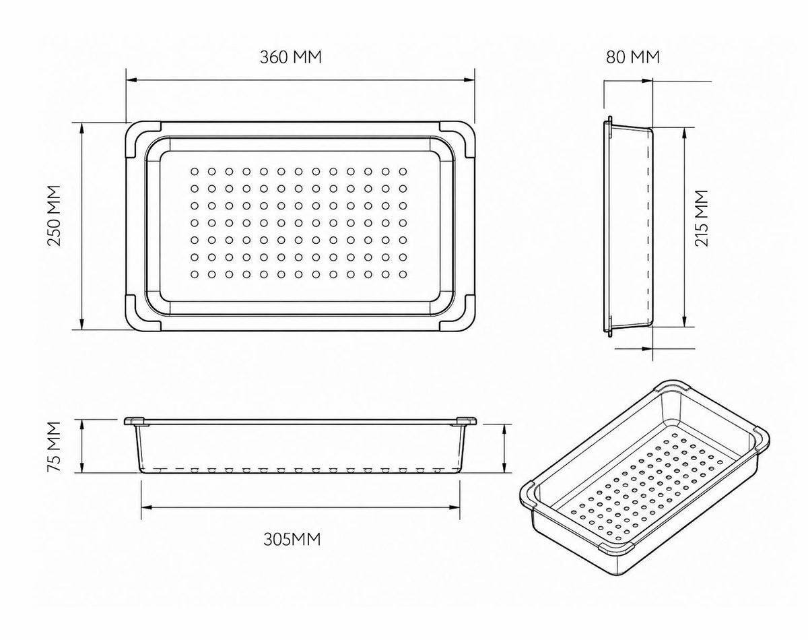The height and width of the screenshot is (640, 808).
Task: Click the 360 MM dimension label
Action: pos(291,57)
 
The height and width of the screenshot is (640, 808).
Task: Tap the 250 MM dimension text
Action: pos(54,216)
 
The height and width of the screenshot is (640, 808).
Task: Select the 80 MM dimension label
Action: pos(633,57)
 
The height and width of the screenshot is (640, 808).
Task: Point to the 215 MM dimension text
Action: pos(702,218)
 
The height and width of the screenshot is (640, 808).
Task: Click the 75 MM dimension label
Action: pos(54,447)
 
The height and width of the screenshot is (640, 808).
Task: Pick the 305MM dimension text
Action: pos(292,540)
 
